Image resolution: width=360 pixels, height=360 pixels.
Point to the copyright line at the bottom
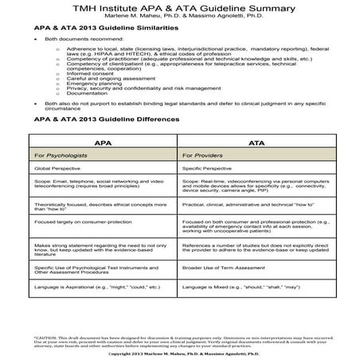coord(180,354)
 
